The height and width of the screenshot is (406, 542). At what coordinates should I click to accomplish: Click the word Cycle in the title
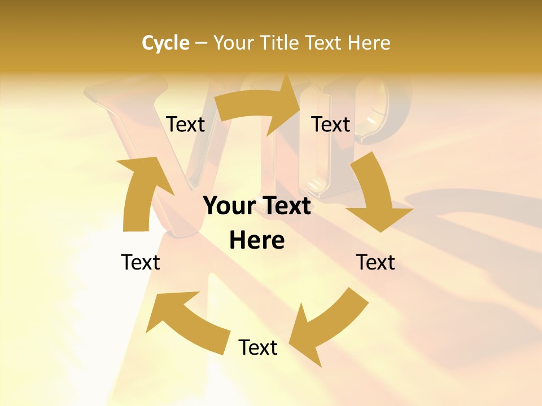(x=165, y=43)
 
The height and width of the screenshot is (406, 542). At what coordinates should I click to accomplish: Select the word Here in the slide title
(x=369, y=43)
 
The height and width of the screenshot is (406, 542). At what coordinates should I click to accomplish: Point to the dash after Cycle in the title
(x=201, y=43)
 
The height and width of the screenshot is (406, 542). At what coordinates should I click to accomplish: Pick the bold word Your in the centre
(x=229, y=206)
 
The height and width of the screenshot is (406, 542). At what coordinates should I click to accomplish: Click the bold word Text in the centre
(x=286, y=206)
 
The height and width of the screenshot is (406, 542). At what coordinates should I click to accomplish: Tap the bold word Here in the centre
(x=257, y=241)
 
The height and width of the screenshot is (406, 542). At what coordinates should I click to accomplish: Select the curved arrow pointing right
(x=257, y=108)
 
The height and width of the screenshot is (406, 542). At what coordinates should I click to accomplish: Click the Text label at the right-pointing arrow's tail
(x=185, y=125)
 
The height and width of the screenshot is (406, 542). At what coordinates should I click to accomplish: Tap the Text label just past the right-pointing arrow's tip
(x=331, y=125)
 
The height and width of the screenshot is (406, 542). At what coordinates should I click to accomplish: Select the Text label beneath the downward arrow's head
(x=375, y=262)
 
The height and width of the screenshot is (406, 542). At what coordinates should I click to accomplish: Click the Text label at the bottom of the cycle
(x=258, y=347)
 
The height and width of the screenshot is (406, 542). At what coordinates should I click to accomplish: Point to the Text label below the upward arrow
(x=141, y=262)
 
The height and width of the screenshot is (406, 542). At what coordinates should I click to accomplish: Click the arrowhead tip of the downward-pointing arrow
(x=382, y=230)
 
